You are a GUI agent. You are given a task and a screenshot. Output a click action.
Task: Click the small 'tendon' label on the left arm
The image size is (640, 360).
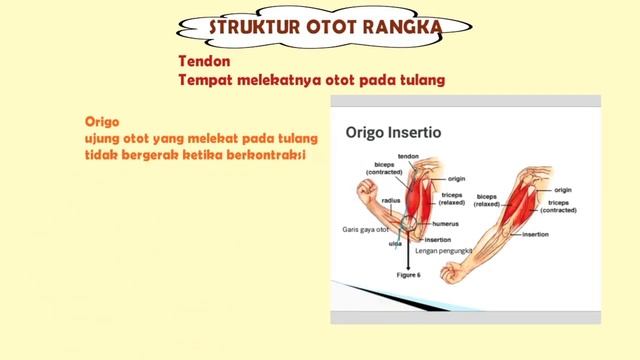pos(407,156)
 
